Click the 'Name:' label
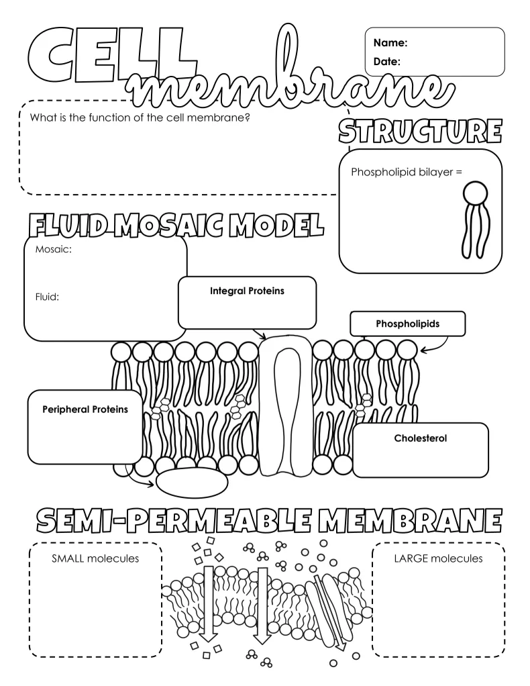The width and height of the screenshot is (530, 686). (x=390, y=43)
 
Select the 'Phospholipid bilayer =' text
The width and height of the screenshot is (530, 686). (x=407, y=172)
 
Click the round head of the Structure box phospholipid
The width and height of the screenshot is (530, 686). (x=477, y=194)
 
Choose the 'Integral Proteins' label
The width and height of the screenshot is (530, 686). (x=247, y=291)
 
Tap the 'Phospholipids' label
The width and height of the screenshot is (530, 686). (x=408, y=324)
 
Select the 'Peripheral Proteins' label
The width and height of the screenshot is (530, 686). (x=85, y=409)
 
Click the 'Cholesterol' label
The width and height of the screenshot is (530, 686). (x=421, y=438)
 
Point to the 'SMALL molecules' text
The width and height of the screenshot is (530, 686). (x=95, y=558)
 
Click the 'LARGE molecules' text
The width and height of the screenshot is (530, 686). (x=438, y=558)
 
